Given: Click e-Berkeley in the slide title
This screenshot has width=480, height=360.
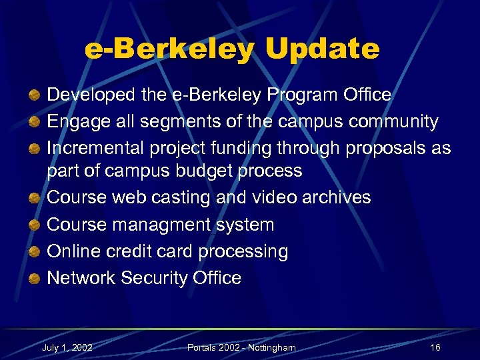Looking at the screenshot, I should pyautogui.click(x=169, y=49).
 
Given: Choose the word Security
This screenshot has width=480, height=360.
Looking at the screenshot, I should pyautogui.click(x=157, y=277).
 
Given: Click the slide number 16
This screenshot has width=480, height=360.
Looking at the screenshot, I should pyautogui.click(x=435, y=348).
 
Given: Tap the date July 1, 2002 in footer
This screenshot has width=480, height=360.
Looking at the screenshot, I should pyautogui.click(x=67, y=348).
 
